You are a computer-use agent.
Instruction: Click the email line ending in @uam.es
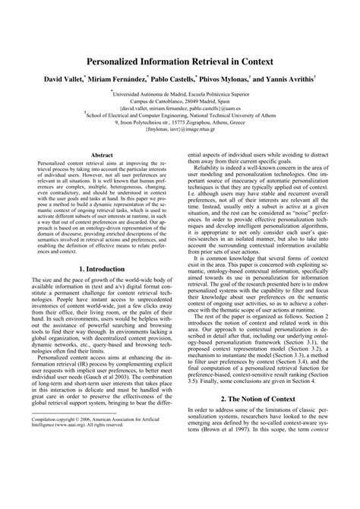(x=179, y=110)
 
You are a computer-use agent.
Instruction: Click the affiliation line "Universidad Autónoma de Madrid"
(x=180, y=93)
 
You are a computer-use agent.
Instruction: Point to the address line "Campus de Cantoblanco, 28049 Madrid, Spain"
(x=179, y=102)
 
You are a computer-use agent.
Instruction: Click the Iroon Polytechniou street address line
(x=179, y=128)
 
